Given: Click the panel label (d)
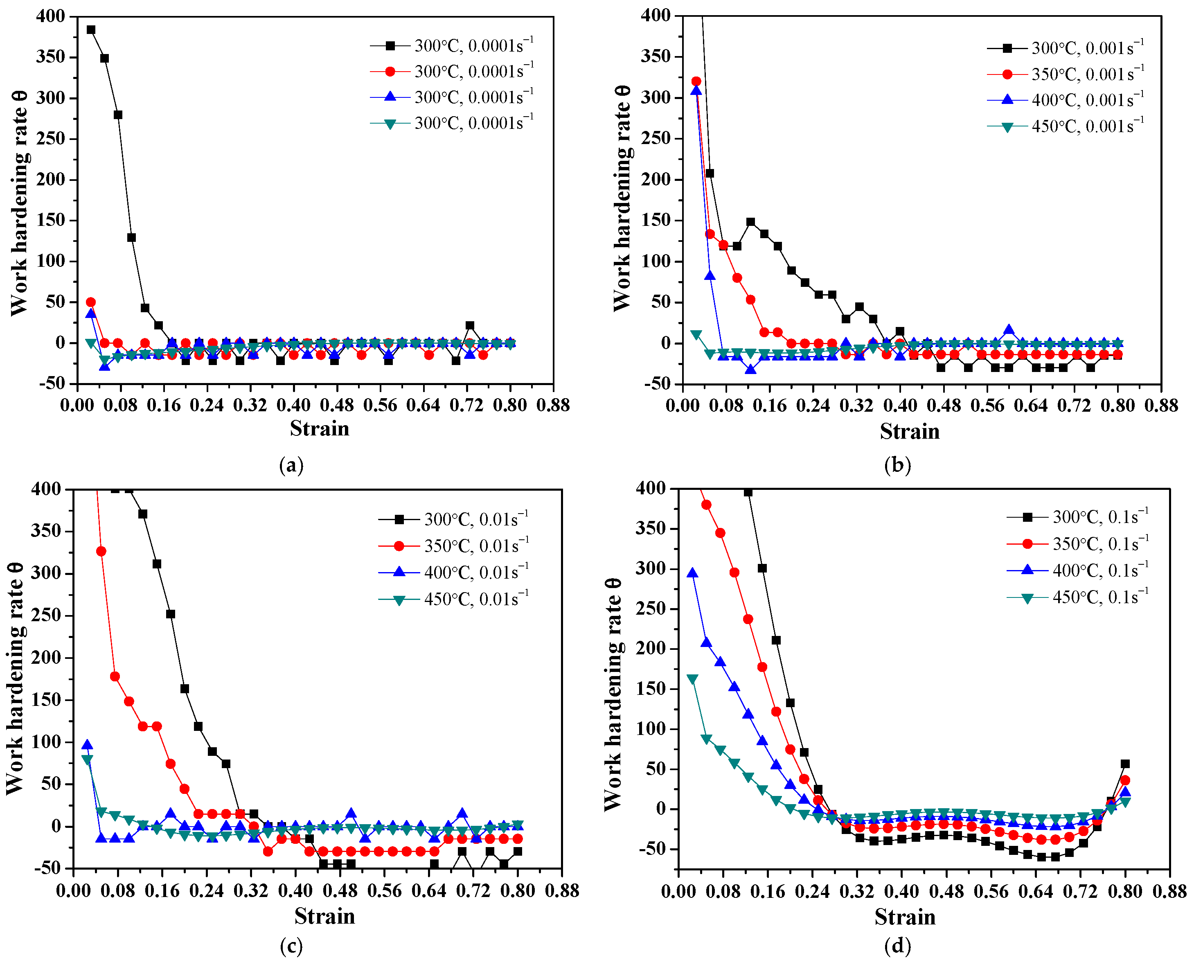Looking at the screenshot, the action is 897,946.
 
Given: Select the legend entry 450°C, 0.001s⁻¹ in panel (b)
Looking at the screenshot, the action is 1066,126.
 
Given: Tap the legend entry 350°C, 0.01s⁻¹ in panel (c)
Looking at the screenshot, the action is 453,545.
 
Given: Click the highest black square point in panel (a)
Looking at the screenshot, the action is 91,29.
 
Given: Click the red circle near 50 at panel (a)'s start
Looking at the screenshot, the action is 91,302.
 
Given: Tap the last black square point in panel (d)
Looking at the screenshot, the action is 1125,764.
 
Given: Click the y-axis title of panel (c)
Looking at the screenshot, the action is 16,678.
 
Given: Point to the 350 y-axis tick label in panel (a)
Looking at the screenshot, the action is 51,57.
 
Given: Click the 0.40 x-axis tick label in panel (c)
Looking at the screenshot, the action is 295,890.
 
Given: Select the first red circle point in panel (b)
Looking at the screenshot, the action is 696,81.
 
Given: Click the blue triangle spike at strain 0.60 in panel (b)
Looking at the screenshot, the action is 1009,330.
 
